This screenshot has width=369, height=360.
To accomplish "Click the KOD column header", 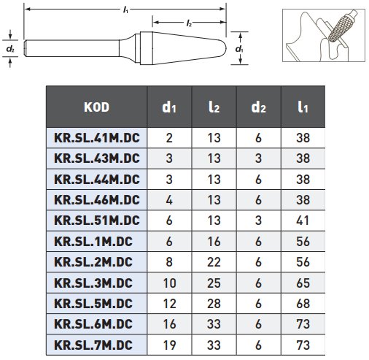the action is [x=96, y=107].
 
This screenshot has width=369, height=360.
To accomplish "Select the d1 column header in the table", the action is [x=169, y=107].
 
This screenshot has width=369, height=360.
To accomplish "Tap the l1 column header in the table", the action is [x=303, y=107].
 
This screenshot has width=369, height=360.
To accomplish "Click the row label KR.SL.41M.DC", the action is [x=97, y=138].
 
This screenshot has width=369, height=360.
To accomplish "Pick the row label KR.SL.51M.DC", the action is [x=97, y=221].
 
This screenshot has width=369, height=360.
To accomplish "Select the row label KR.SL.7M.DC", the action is [x=93, y=345].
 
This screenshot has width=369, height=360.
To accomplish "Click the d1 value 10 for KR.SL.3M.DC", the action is [x=169, y=283].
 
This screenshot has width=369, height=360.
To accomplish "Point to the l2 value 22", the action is [x=214, y=262].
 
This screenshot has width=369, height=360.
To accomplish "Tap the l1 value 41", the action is [x=303, y=221].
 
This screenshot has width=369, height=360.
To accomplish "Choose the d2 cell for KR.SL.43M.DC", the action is [x=258, y=158].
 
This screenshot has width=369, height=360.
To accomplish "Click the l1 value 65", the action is [x=303, y=283].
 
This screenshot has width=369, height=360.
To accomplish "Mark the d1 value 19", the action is [x=169, y=345].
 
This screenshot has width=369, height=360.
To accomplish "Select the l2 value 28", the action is [x=214, y=304].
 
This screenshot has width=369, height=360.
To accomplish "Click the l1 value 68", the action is [x=303, y=304].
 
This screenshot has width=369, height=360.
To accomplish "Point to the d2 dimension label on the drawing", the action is [x=10, y=49].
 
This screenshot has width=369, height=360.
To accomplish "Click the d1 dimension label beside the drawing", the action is [x=239, y=49].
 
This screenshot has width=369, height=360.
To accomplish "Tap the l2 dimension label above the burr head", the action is [x=189, y=23].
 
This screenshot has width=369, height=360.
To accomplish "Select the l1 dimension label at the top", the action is [x=125, y=10].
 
